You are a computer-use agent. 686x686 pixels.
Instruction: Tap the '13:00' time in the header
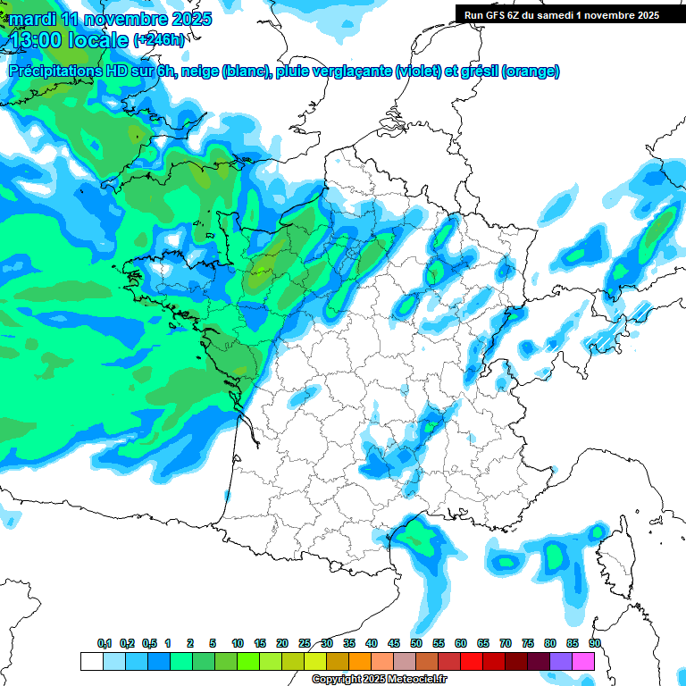point(34,40)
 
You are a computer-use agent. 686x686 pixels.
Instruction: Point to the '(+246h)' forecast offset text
point(160,40)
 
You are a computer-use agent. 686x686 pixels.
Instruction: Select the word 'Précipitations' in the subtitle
point(61,71)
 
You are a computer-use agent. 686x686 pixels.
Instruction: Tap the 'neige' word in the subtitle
point(200,71)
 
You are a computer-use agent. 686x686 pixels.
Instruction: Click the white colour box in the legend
point(91,661)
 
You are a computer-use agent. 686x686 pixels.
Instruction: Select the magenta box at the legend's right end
point(583,661)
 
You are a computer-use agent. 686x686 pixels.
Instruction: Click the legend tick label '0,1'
point(104,643)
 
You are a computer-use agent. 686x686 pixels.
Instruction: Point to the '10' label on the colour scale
point(238,643)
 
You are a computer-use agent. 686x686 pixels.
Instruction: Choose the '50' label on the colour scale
point(416,643)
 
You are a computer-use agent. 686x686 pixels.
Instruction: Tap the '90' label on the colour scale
point(594,643)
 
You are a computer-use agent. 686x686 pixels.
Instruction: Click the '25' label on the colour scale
point(305,643)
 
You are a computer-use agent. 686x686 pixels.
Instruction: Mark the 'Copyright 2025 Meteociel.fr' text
point(380,680)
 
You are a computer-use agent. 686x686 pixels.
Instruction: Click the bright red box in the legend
point(472,661)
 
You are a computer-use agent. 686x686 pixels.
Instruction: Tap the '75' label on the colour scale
point(528,643)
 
